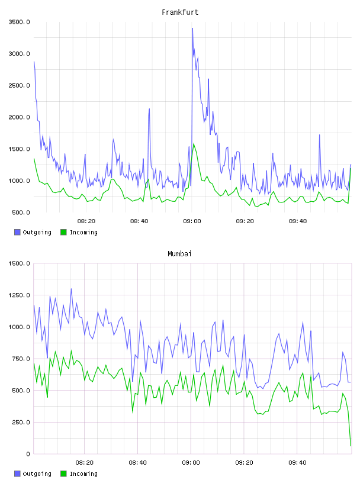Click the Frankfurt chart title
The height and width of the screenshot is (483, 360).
tap(180, 12)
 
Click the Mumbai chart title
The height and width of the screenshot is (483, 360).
tap(179, 254)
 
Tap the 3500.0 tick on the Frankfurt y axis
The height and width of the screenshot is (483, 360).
tap(19, 22)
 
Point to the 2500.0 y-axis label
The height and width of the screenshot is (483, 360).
tap(19, 85)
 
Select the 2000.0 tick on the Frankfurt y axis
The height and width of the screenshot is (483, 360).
tap(19, 117)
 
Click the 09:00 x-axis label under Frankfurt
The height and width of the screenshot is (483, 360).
tap(192, 221)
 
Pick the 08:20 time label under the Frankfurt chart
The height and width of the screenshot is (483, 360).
tap(86, 221)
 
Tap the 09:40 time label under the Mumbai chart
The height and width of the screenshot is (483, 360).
tap(297, 463)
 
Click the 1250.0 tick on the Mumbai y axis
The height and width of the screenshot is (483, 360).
tap(19, 295)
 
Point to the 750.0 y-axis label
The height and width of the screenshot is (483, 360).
tap(21, 359)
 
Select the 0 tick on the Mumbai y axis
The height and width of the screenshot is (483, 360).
tap(28, 454)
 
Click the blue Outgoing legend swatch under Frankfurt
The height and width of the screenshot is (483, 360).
tap(17, 232)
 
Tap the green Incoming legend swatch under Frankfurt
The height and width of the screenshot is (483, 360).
tap(63, 232)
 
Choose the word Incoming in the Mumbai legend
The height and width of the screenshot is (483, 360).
tap(83, 474)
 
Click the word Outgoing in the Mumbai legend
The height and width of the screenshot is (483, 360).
tap(37, 474)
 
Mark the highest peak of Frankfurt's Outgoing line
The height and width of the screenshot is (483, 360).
tap(192, 28)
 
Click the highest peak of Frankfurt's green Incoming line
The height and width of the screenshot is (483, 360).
tap(194, 144)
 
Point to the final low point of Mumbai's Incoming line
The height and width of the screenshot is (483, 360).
tap(351, 446)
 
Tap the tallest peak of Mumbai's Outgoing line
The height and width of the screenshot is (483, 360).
tap(71, 289)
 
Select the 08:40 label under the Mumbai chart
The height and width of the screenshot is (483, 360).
tap(138, 463)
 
